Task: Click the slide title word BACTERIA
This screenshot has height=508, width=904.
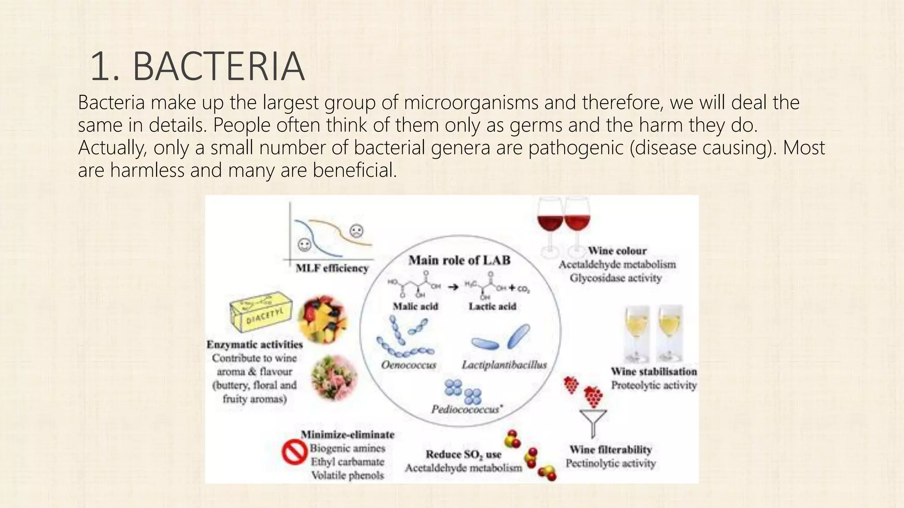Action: coord(218,67)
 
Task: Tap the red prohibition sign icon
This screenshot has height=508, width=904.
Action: coord(294,453)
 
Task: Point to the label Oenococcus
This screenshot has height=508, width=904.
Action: coord(408,365)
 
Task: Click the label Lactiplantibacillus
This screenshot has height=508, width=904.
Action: coord(504,365)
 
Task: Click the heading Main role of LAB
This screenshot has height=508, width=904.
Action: coord(459,260)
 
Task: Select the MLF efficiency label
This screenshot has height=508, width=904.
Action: coord(332,268)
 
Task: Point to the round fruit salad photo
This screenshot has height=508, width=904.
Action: coord(323,318)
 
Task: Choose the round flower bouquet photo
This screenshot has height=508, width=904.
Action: coord(333,377)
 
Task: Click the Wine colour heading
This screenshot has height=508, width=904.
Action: coord(617,251)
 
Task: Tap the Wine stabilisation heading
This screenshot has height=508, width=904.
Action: coord(654,371)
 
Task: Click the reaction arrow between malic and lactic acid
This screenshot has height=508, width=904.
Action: coord(453,287)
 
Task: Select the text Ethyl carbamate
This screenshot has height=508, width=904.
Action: coord(347,462)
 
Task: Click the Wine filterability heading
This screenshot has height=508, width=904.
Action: coord(610,450)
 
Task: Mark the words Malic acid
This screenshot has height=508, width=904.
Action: coord(415,306)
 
